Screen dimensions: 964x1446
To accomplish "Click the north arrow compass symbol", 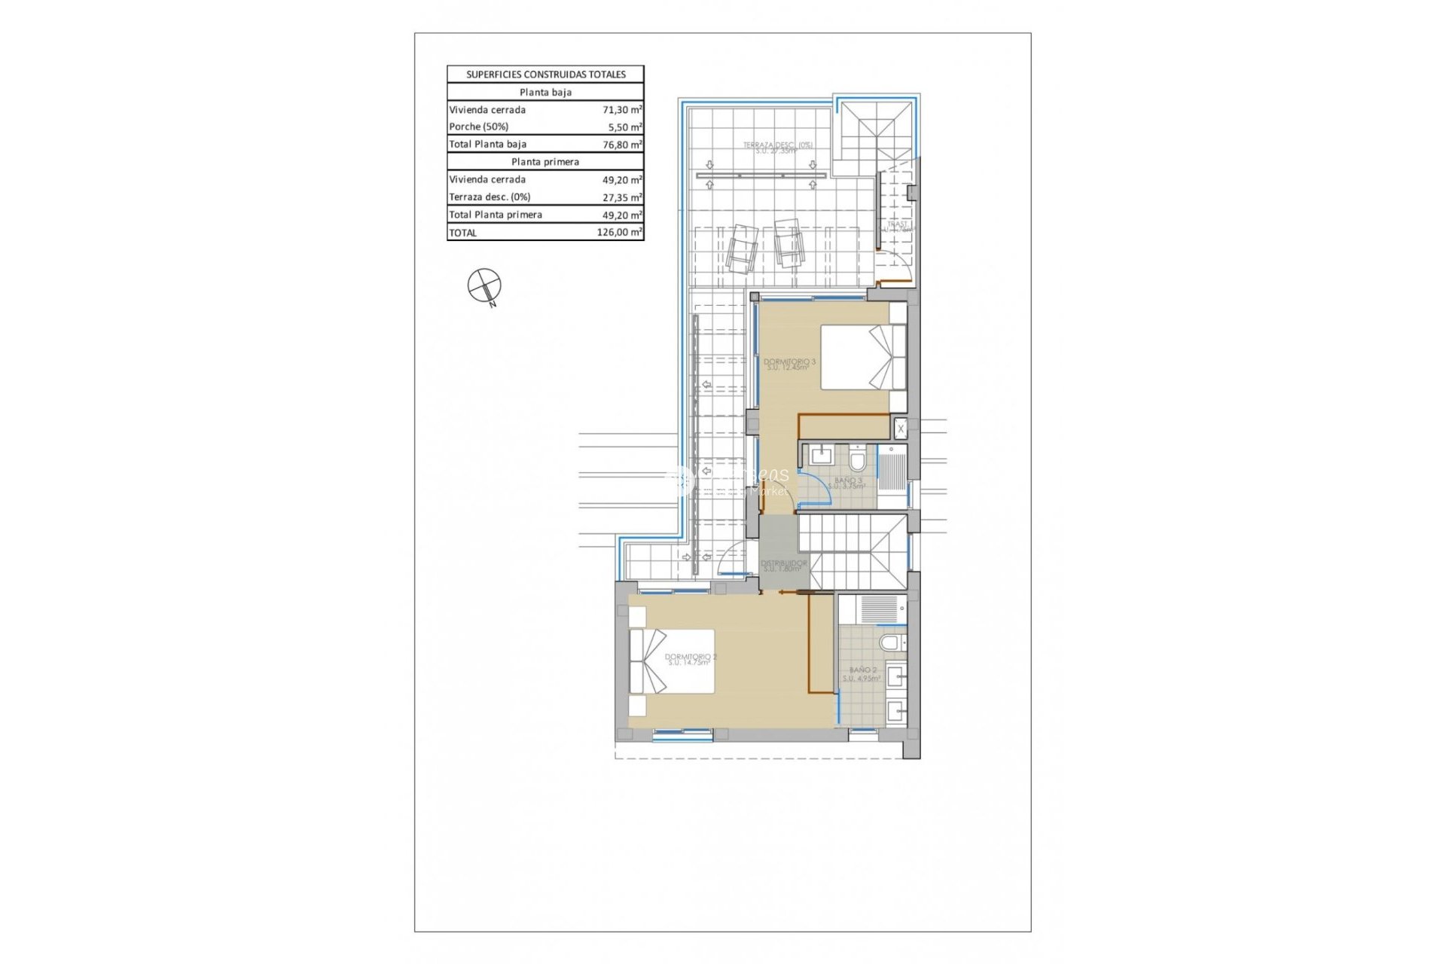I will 484,286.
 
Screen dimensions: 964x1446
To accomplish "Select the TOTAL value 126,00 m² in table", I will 619,232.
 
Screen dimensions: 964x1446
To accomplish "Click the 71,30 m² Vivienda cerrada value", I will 622,109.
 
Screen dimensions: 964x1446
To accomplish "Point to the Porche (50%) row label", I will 479,127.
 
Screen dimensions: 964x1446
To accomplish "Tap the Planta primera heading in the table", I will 545,162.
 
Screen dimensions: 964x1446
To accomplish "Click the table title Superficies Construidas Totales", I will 545,75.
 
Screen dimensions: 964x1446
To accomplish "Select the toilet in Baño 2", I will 892,642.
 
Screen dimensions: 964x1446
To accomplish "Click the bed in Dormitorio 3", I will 862,357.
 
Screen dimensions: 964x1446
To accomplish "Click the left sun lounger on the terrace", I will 742,248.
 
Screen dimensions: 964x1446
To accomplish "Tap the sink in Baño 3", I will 820,455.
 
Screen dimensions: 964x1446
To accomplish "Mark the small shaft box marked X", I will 901,429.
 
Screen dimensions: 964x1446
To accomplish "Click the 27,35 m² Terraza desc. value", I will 622,197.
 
